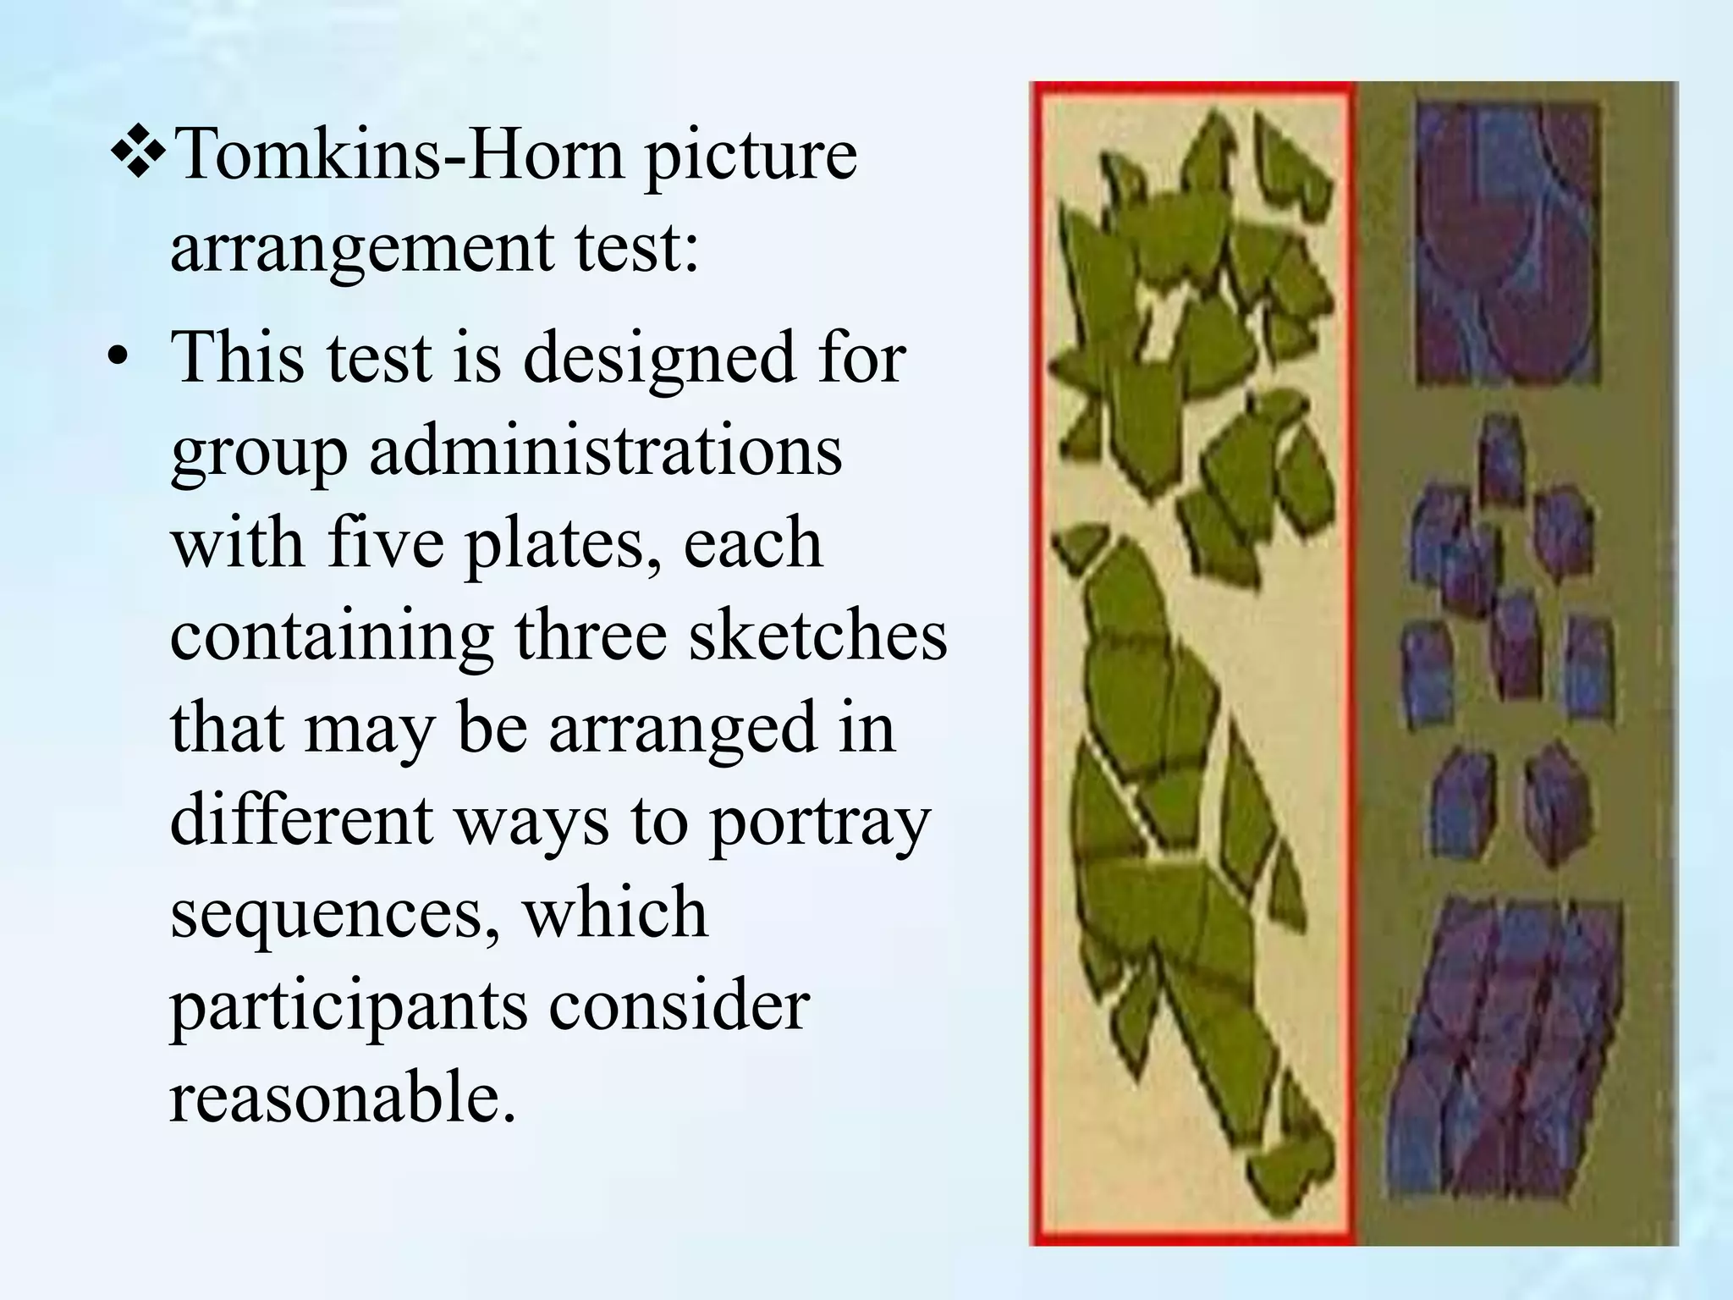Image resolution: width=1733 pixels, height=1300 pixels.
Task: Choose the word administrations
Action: point(605,451)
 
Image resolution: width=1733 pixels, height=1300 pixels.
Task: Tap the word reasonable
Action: point(342,1098)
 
